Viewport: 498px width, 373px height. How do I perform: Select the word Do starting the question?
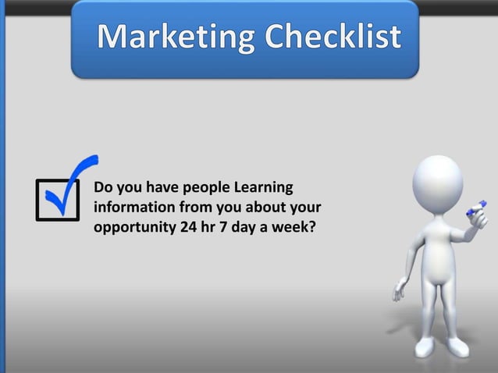pos(103,188)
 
